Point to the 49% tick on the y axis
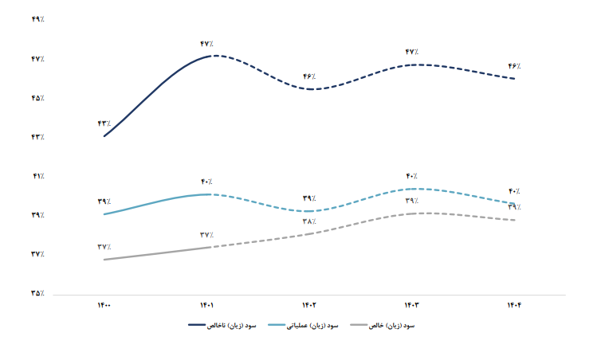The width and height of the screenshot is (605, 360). pyautogui.click(x=37, y=19)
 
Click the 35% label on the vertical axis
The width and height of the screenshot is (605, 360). pyautogui.click(x=37, y=294)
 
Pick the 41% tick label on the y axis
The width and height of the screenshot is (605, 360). pyautogui.click(x=37, y=176)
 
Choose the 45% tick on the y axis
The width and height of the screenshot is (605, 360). pyautogui.click(x=37, y=98)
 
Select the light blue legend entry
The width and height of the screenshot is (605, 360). pyautogui.click(x=306, y=326)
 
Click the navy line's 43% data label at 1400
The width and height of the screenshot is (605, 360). pyautogui.click(x=104, y=123)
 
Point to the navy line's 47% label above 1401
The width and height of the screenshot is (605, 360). pyautogui.click(x=207, y=44)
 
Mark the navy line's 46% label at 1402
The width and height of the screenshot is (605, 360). pyautogui.click(x=309, y=76)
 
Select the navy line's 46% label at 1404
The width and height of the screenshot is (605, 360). pyautogui.click(x=515, y=66)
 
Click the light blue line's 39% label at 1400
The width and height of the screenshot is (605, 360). pyautogui.click(x=104, y=202)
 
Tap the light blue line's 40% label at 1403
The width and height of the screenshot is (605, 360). pyautogui.click(x=412, y=176)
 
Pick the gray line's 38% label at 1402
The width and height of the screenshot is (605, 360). pyautogui.click(x=309, y=221)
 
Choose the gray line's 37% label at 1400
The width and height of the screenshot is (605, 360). pyautogui.click(x=104, y=247)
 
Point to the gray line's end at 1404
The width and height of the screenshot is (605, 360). pyautogui.click(x=515, y=220)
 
